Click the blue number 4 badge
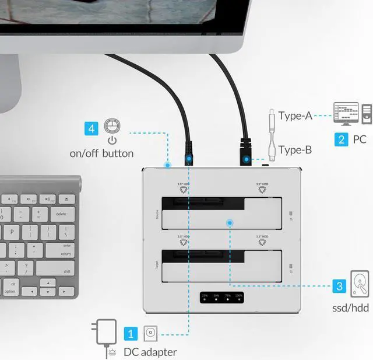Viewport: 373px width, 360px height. pos(91,128)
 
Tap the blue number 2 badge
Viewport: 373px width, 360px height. pos(341,139)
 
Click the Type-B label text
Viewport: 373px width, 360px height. pos(295,150)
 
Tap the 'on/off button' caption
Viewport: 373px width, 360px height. pos(101,153)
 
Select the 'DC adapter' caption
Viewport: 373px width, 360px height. pos(150,352)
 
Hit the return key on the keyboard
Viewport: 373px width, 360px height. pos(65,253)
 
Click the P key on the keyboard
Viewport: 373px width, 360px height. pos(10,232)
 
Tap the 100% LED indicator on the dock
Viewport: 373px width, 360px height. pos(239,299)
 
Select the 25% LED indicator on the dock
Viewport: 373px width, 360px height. pos(205,299)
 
